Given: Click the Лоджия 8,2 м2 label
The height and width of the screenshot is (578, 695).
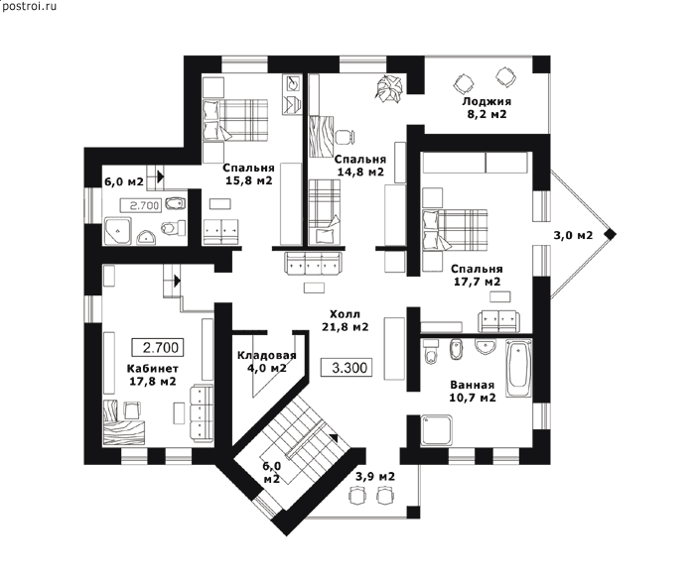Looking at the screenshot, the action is (486, 107).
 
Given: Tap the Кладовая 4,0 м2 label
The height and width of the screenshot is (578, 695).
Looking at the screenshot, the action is (266, 362).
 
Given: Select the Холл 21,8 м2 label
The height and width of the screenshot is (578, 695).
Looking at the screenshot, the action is (345, 320).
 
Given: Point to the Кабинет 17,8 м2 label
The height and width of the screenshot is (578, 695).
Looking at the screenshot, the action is (153, 375).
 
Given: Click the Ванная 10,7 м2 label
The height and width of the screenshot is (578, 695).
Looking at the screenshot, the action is (472, 392).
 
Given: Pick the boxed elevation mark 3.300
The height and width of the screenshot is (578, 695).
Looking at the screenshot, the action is (347, 368).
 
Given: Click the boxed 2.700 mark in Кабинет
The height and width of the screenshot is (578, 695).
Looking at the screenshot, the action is (158, 347).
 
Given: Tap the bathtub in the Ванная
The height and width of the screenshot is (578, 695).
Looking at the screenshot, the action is (518, 368).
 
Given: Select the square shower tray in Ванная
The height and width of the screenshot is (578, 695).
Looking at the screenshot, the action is (437, 430).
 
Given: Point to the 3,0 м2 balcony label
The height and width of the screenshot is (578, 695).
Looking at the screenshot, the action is (573, 235).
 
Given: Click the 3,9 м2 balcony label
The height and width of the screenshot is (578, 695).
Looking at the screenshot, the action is (375, 477).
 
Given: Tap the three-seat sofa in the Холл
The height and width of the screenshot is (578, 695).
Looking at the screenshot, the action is (315, 265).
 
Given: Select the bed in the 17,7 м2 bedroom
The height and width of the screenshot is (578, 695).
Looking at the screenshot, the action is (455, 229).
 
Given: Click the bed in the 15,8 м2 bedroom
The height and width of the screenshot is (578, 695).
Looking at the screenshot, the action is (235, 120).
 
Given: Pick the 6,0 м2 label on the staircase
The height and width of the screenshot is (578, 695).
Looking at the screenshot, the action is (271, 472).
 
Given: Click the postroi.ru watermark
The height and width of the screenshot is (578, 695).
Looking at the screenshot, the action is (29, 6).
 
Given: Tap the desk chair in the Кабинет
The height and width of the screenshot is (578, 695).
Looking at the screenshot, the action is (132, 409).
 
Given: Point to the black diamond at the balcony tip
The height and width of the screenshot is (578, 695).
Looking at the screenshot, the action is (611, 235).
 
